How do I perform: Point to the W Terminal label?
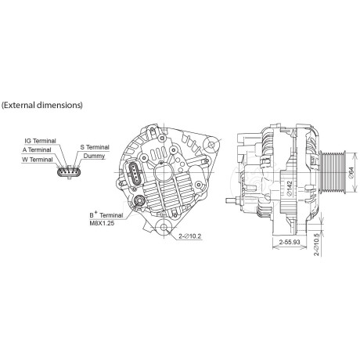(x=37, y=159)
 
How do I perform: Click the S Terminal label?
(x=95, y=146)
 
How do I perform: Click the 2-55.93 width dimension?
(x=286, y=243)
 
